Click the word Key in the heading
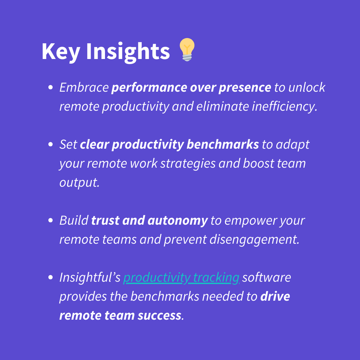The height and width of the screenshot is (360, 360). click(x=61, y=52)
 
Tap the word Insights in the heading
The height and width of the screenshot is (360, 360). click(x=128, y=52)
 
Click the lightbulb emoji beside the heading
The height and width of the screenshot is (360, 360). click(x=187, y=50)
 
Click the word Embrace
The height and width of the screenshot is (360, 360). click(x=84, y=87)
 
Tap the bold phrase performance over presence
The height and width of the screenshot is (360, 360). click(x=191, y=87)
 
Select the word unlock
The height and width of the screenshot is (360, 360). click(x=307, y=87)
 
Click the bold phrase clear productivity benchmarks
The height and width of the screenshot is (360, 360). click(x=169, y=144)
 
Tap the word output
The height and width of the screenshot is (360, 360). click(x=79, y=183)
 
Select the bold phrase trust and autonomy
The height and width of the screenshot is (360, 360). click(x=149, y=220)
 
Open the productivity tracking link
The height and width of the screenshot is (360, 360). click(x=181, y=278)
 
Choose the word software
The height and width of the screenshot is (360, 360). click(x=266, y=277)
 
